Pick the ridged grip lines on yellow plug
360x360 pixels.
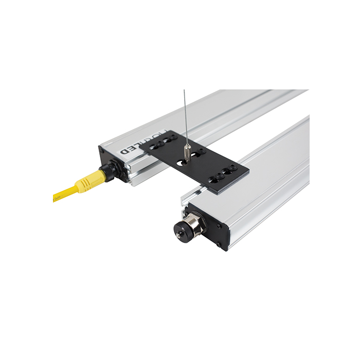pyautogui.click(x=96, y=178)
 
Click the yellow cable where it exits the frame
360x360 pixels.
pyautogui.click(x=55, y=197)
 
